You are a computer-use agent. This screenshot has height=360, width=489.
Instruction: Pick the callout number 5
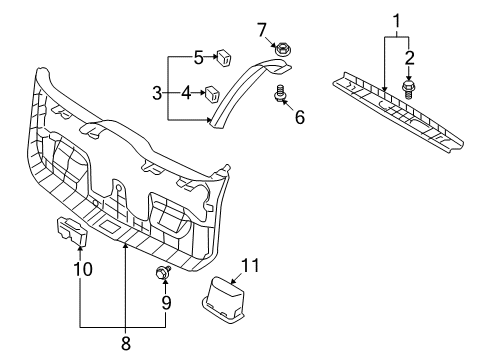point(198,56)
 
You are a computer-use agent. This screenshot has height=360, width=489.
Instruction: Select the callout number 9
point(166,301)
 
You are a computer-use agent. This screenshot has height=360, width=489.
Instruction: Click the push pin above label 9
point(162,273)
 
